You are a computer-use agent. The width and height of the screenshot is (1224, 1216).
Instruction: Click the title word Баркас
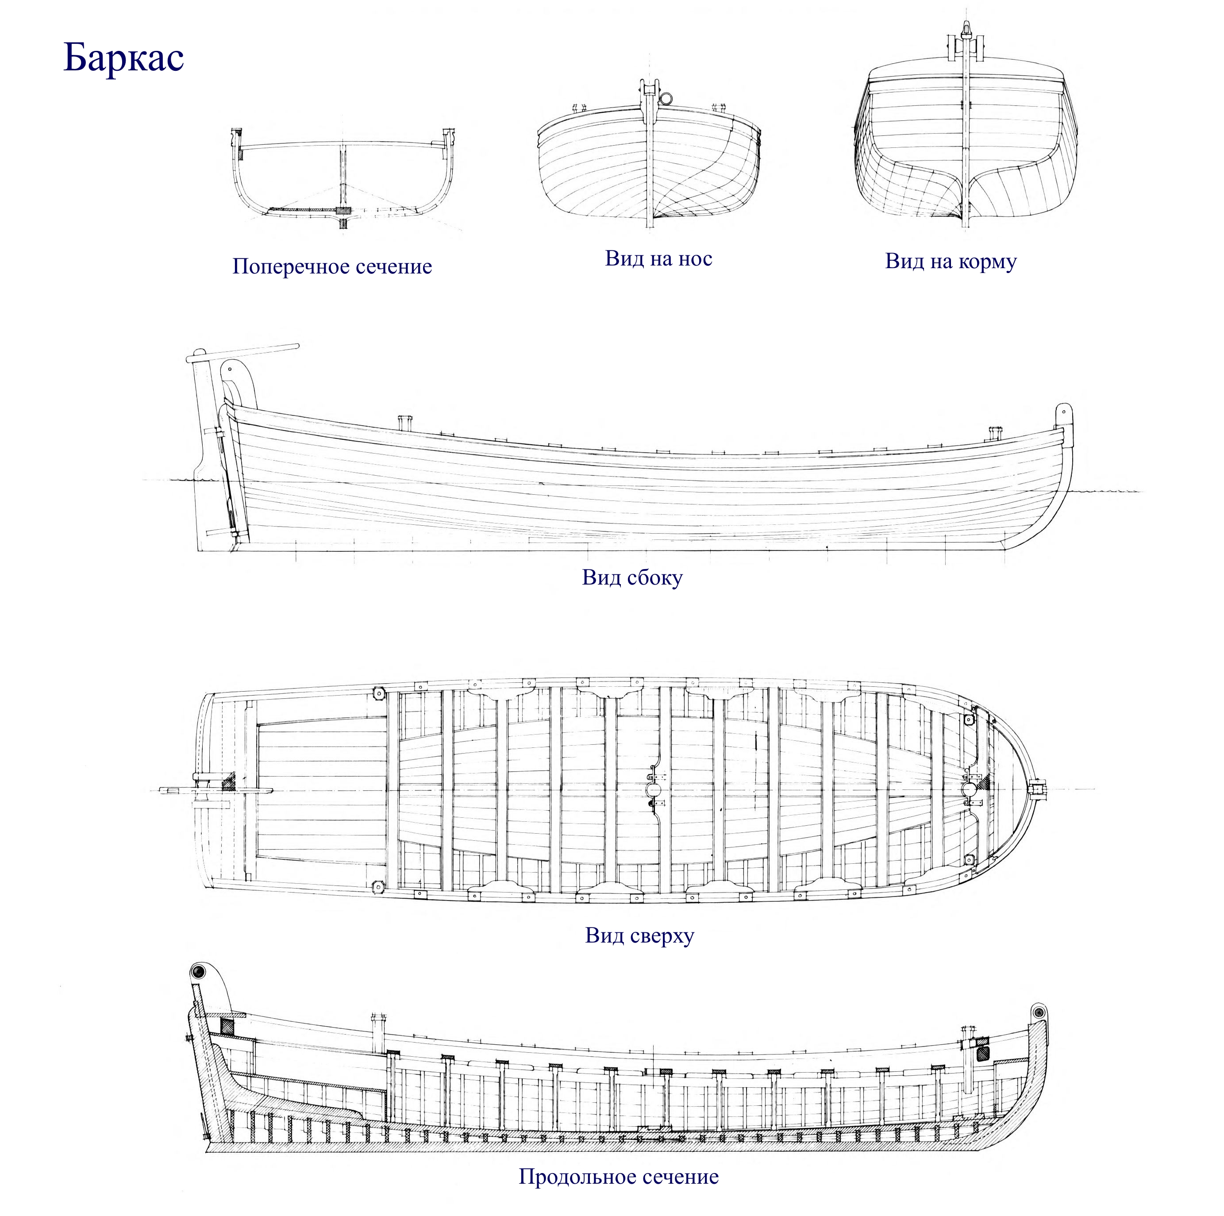[123, 58]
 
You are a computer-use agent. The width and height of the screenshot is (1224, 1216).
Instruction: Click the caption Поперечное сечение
[332, 266]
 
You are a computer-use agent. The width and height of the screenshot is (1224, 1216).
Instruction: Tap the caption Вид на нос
[658, 258]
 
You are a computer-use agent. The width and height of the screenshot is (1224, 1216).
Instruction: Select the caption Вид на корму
[951, 261]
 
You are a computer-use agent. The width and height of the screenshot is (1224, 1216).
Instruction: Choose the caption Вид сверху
[639, 935]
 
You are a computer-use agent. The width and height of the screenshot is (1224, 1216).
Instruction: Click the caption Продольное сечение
[618, 1177]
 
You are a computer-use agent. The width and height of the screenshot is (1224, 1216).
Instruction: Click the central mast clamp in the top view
[653, 789]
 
